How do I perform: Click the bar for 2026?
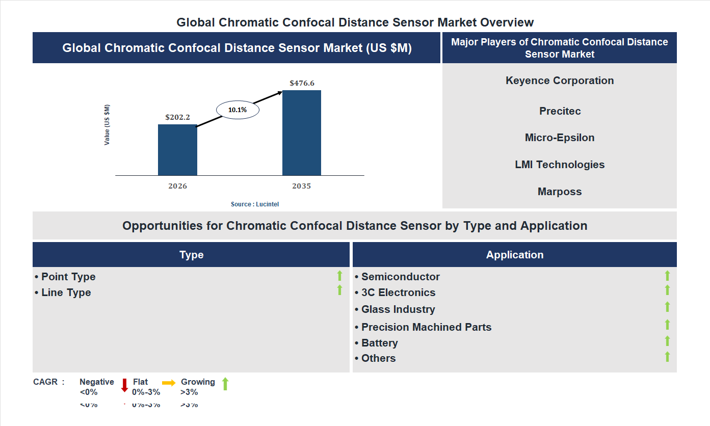[x=177, y=150]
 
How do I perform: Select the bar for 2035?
[x=302, y=133]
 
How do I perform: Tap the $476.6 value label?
[x=302, y=83]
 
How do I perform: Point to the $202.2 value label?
[x=177, y=117]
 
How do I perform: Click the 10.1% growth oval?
[x=238, y=110]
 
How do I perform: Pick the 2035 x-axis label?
[x=301, y=186]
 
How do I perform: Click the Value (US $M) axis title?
[x=107, y=125]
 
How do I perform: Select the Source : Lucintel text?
[x=255, y=204]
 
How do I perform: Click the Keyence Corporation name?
[x=560, y=81]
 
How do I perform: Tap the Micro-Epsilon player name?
[x=560, y=138]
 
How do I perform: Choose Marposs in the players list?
[x=560, y=192]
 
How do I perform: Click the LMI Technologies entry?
[x=560, y=165]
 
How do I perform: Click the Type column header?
[x=191, y=255]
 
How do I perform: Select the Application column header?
[x=515, y=255]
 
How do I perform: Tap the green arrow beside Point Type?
[x=339, y=276]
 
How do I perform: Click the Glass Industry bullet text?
[x=398, y=309]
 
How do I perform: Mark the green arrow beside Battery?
[x=667, y=341]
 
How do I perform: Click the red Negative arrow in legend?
[x=124, y=385]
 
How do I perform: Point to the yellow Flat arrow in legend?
[x=169, y=383]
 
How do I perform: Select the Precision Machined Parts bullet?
[x=426, y=327]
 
